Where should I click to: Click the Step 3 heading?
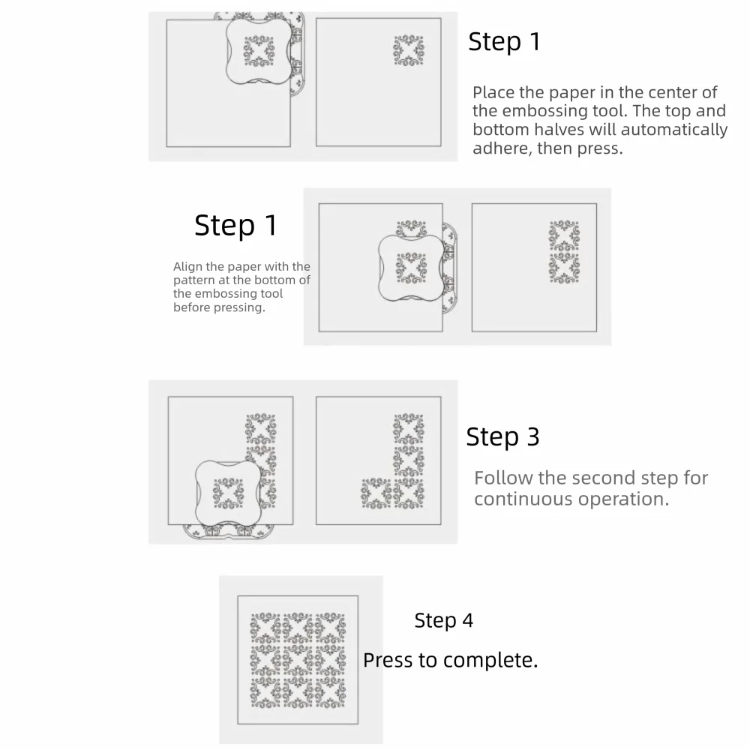(502, 436)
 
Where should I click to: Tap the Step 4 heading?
(443, 620)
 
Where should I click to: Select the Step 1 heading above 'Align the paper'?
(235, 225)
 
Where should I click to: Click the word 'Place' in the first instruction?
(493, 92)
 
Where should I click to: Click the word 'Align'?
(187, 267)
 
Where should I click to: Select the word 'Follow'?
(503, 478)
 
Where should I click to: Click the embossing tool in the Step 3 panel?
(229, 494)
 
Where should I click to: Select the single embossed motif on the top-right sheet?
(409, 50)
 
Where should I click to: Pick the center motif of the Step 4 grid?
(298, 660)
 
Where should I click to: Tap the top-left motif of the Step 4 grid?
(265, 628)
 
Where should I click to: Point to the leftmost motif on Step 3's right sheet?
(376, 493)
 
